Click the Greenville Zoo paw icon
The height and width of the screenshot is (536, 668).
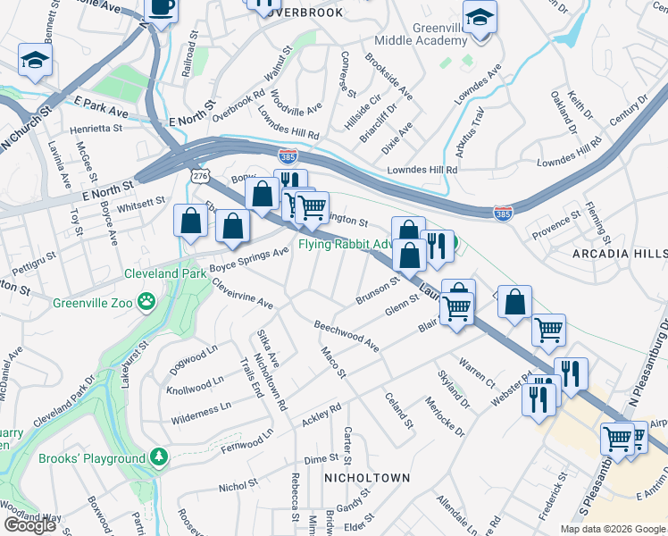pos(146,304)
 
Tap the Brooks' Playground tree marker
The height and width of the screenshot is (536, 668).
pos(159,458)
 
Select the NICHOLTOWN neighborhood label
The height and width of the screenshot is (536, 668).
pos(366,478)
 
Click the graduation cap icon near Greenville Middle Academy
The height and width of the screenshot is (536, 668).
pos(480,18)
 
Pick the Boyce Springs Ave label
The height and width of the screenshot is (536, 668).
pos(251,255)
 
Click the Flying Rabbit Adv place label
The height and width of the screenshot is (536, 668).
pos(346,243)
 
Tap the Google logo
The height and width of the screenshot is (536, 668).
pos(29,525)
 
